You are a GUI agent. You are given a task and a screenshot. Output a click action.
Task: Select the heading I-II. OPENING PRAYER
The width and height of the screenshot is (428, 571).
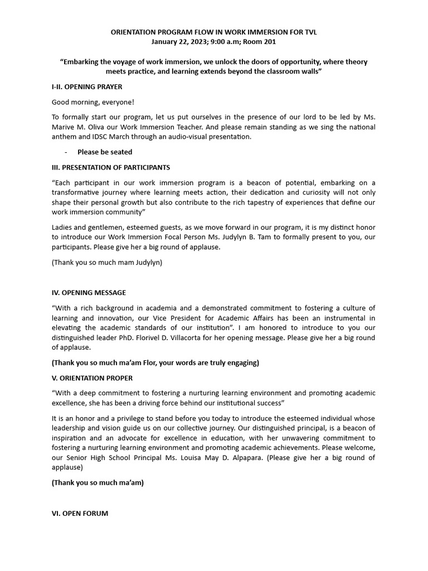pyautogui.click(x=87, y=87)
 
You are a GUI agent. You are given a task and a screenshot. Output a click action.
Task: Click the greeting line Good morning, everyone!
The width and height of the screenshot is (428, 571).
pyautogui.click(x=93, y=103)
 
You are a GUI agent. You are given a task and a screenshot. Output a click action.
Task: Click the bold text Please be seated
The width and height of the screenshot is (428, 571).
pyautogui.click(x=105, y=152)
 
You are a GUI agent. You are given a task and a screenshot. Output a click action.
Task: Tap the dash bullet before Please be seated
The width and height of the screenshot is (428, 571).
pyautogui.click(x=66, y=152)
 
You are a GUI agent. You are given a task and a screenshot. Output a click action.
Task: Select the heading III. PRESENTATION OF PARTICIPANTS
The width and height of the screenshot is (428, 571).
pyautogui.click(x=111, y=167)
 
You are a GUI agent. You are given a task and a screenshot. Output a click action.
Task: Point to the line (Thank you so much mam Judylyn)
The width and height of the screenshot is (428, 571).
pyautogui.click(x=107, y=262)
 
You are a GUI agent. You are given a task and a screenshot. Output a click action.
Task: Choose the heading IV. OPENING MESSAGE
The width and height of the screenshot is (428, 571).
pyautogui.click(x=89, y=293)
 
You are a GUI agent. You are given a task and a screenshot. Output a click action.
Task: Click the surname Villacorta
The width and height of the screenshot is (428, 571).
pyautogui.click(x=230, y=338)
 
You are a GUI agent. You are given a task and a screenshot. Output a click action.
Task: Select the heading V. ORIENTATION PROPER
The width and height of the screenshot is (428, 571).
pyautogui.click(x=92, y=378)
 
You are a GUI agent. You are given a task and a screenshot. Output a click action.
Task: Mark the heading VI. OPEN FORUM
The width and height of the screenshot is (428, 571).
pyautogui.click(x=80, y=514)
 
